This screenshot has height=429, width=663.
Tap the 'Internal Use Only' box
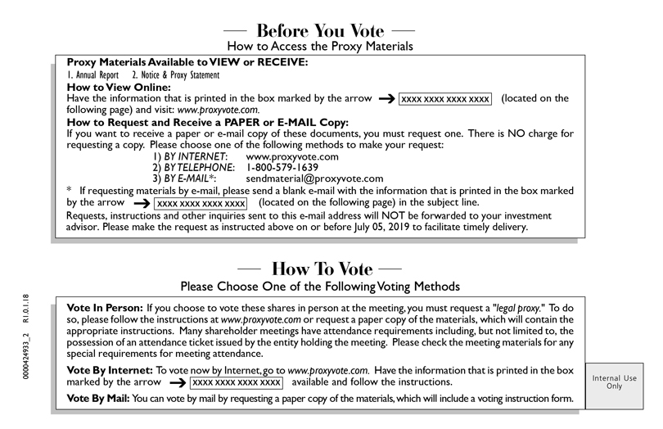(x=615, y=383)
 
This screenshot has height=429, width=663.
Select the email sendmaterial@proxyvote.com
(x=314, y=178)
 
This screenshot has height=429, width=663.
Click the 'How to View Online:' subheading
(x=118, y=87)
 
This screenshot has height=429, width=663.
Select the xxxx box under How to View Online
(x=445, y=99)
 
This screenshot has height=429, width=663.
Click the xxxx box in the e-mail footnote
(x=201, y=203)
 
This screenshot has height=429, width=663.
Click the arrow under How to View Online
(x=385, y=99)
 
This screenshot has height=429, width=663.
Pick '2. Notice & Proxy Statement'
(x=175, y=75)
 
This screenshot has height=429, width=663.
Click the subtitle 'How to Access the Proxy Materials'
(x=319, y=47)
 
